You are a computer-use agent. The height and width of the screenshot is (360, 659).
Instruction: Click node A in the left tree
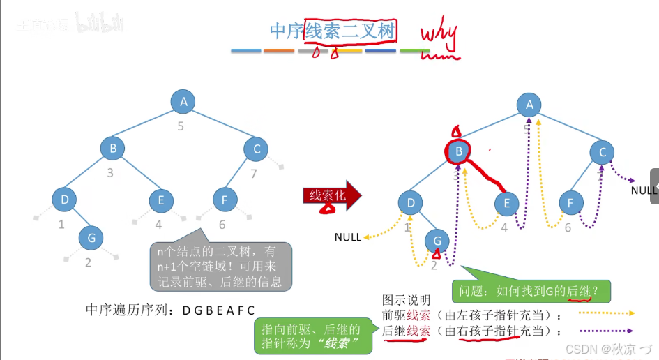(183, 102)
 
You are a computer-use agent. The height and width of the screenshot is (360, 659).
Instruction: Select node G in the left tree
(91, 238)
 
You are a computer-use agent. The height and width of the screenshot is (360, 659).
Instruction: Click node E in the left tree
(161, 200)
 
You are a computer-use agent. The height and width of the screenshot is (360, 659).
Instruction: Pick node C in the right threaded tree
(602, 153)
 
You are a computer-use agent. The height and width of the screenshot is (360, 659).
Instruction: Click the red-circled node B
(458, 151)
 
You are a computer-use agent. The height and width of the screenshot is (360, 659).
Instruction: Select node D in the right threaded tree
(411, 203)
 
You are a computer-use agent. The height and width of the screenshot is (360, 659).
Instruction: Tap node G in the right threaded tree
(437, 241)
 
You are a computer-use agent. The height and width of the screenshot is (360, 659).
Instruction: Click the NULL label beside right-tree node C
(644, 190)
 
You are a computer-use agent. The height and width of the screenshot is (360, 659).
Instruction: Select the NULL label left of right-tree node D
(348, 237)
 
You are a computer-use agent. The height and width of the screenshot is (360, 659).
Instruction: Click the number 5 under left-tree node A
(181, 127)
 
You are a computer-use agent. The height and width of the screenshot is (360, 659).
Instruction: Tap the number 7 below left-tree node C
(254, 173)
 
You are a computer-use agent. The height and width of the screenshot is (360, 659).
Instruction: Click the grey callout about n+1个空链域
(220, 265)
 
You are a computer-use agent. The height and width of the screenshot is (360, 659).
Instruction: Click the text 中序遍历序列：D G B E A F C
(171, 310)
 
